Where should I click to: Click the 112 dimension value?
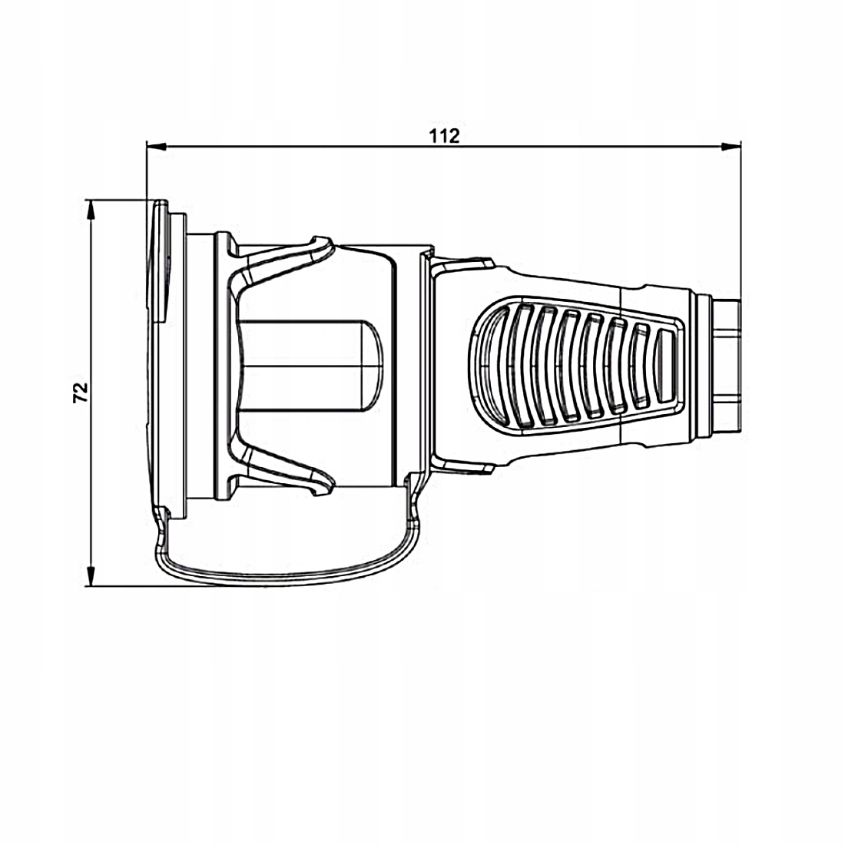point(444,136)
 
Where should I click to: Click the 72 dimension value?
point(81,393)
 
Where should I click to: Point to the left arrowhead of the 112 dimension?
point(156,145)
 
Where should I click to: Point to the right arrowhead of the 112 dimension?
point(731,145)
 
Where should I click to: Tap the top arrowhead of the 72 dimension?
point(91,210)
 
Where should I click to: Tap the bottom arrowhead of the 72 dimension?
point(91,576)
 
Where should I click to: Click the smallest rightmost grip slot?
point(665,366)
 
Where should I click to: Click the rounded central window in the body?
point(310,366)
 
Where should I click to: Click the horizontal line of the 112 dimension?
point(443,145)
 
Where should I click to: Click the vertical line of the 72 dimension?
point(91,393)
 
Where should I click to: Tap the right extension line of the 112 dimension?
point(741,221)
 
